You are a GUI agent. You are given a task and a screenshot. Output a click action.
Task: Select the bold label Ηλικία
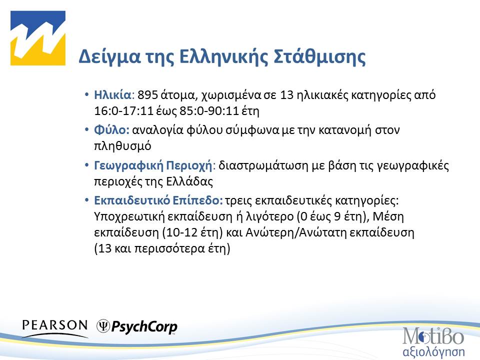[112, 95]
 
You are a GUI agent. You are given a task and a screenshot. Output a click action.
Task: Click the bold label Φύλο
[111, 130]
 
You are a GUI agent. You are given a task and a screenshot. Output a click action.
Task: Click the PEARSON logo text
[54, 324]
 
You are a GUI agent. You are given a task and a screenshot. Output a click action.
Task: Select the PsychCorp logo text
[144, 327]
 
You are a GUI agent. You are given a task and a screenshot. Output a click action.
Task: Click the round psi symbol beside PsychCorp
[103, 326]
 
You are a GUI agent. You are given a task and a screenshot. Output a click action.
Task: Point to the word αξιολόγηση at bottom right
[433, 348]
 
